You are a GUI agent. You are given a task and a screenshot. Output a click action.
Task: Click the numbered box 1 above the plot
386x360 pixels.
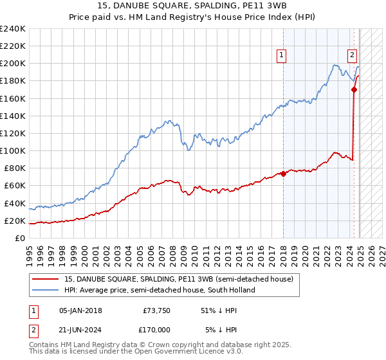click(282, 55)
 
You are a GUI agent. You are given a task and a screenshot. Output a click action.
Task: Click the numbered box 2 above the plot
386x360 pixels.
click(353, 55)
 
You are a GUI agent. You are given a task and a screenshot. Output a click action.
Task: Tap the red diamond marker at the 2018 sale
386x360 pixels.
click(284, 174)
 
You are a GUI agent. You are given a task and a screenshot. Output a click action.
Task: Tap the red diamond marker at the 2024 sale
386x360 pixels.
click(354, 90)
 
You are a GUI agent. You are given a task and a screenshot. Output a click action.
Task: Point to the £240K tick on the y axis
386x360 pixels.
click(13, 29)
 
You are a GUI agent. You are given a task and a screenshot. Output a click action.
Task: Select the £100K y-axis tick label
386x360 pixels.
click(13, 150)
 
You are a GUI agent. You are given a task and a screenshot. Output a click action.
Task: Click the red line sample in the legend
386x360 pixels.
click(45, 279)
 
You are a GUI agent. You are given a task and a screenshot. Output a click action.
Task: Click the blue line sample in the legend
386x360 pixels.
click(45, 290)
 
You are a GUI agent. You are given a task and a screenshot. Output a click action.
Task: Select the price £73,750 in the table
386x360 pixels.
click(156, 310)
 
